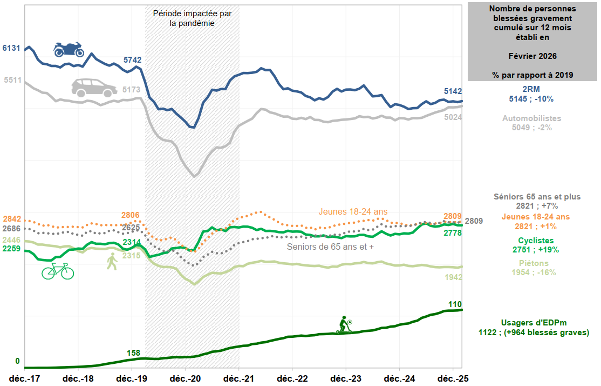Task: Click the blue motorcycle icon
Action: [69, 49]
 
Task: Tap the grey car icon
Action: [94, 88]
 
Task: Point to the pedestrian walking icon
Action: [112, 261]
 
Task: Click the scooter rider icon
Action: [344, 325]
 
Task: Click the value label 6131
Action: [11, 48]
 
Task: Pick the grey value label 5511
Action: [12, 80]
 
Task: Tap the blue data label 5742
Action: [132, 60]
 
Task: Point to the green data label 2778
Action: [453, 233]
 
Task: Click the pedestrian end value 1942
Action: [453, 277]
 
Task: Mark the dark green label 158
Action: [133, 353]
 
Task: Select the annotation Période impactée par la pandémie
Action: [192, 18]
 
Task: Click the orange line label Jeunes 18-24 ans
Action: [353, 211]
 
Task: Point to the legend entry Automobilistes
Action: [531, 118]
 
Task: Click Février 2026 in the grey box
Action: [532, 56]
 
